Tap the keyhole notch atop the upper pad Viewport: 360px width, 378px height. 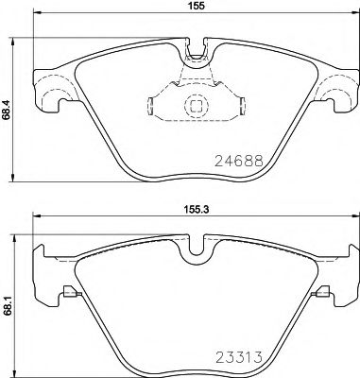pyautogui.click(x=197, y=46)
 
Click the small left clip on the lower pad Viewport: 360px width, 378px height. pyautogui.click(x=66, y=292)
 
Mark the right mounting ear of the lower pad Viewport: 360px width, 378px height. pyautogui.click(x=346, y=274)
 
